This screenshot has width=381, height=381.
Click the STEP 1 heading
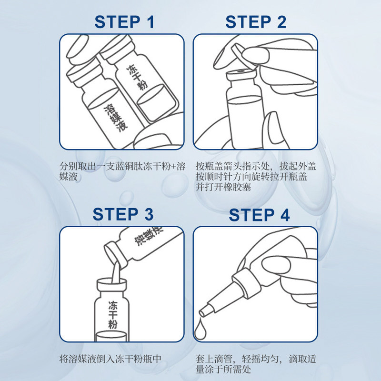pos(124,22)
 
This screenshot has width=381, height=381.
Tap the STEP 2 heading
pos(256,22)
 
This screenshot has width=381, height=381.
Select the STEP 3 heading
pos(123,214)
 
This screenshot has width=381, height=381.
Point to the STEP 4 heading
pos(259,215)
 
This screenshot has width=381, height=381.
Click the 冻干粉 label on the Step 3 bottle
pos(112,315)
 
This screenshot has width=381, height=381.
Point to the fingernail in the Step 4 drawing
pos(276,265)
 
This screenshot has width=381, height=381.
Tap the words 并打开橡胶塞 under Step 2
pos(223,187)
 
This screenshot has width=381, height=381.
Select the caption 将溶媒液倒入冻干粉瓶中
pos(110,359)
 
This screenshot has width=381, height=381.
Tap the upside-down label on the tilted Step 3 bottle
pos(149,235)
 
